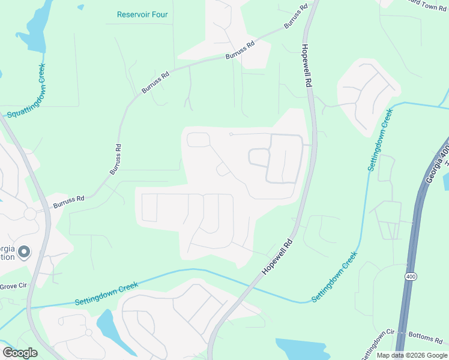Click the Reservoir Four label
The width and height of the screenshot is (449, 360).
coord(142,14)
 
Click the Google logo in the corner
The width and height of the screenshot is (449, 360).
coord(20,352)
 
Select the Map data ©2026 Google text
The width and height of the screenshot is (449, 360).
coord(412,355)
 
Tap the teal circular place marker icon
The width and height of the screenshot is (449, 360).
coord(24,253)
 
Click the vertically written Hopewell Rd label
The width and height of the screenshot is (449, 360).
coord(307,67)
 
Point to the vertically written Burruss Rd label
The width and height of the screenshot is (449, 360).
coord(115,159)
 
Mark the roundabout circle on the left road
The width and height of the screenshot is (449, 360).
coord(30,214)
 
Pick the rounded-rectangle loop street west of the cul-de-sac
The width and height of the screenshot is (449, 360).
coord(198,140)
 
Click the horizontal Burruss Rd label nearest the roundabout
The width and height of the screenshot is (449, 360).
coord(69,201)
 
